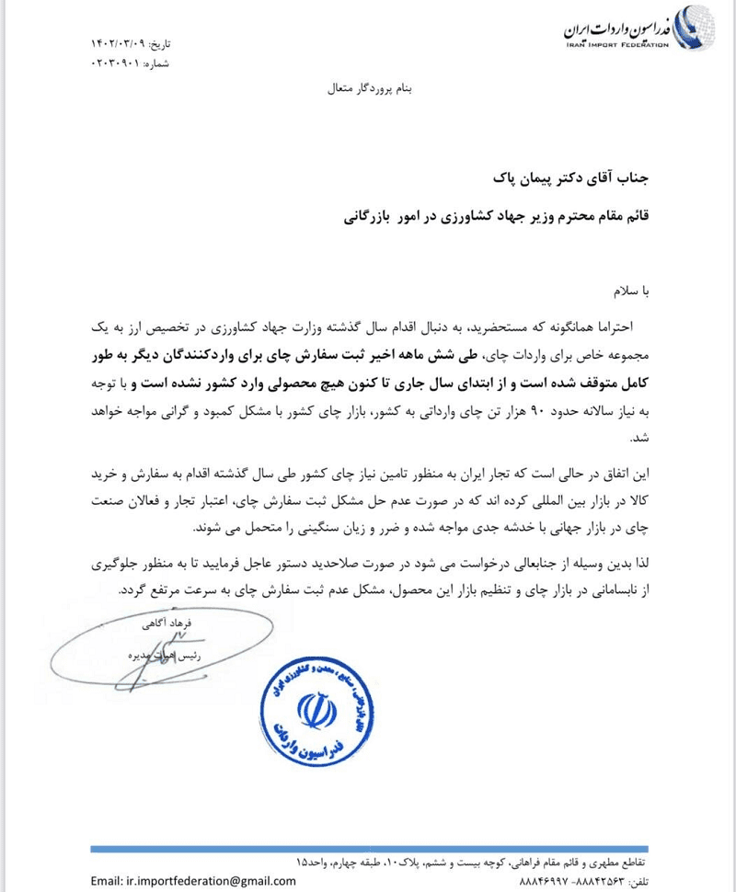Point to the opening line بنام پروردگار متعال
click(x=367, y=91)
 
